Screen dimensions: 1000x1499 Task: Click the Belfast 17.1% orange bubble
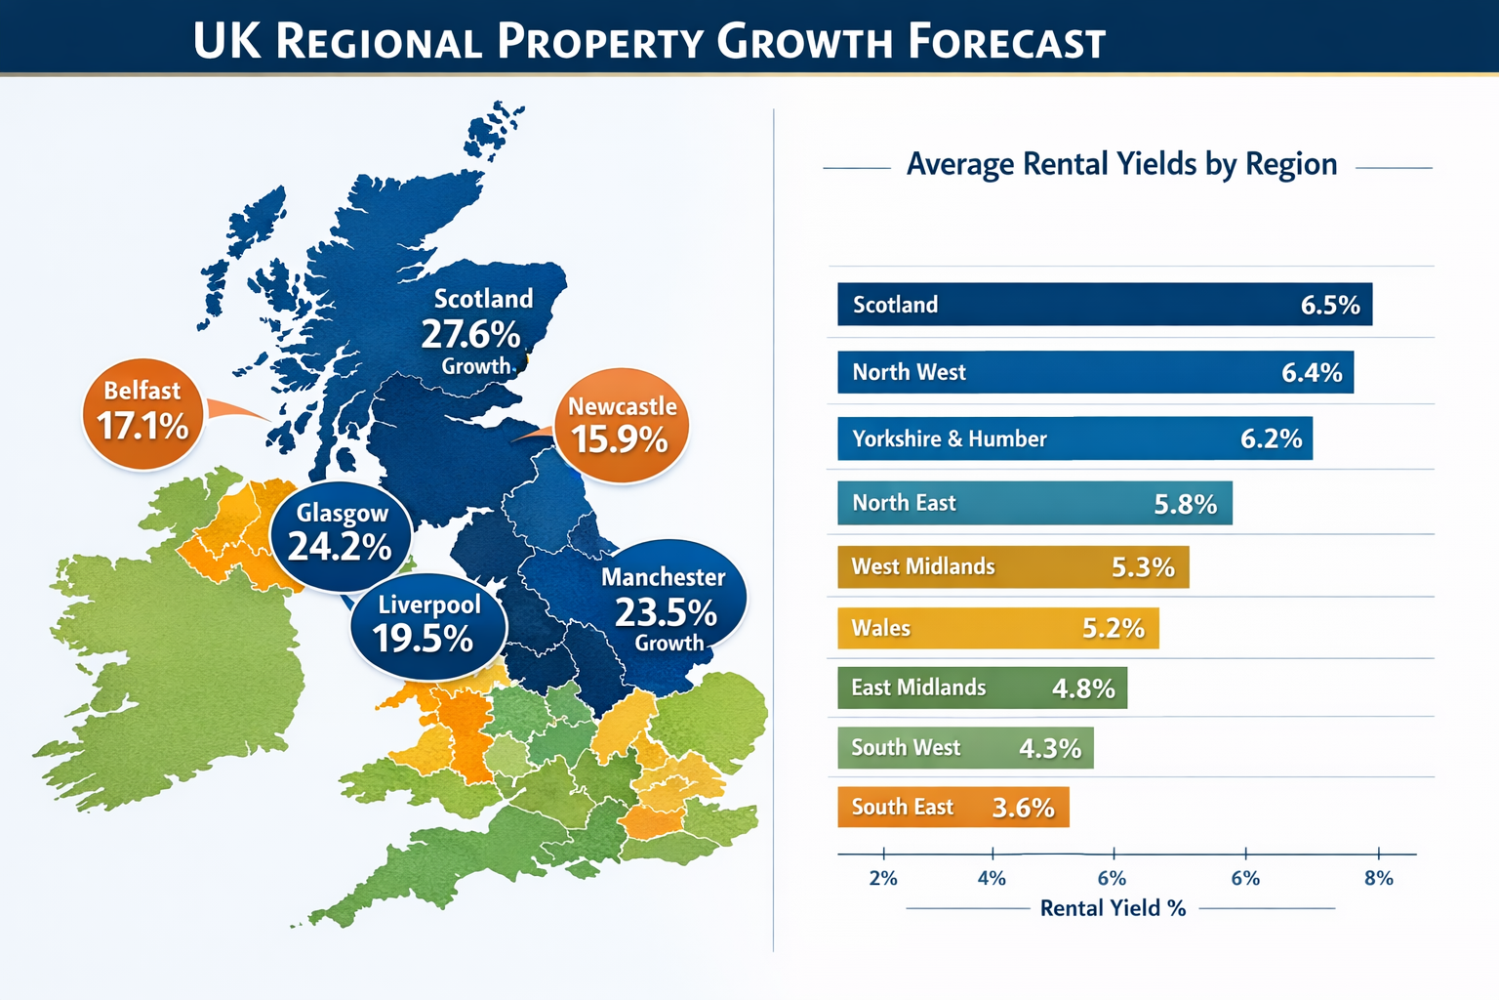[x=143, y=413]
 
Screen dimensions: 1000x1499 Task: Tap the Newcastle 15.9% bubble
[x=622, y=426]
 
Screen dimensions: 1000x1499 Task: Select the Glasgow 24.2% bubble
[x=340, y=535]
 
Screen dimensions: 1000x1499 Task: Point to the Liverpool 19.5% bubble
[x=427, y=625]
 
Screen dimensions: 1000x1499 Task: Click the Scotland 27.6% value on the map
[x=470, y=335]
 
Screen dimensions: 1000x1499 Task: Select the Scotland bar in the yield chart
[x=1104, y=305]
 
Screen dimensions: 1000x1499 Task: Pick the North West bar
[x=1094, y=372]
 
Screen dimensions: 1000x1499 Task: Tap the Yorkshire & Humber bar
[x=1074, y=438]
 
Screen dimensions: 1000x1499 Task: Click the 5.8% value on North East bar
[x=1185, y=504]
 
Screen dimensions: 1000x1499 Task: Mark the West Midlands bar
[x=1012, y=567]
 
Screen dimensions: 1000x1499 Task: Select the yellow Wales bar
[x=997, y=628]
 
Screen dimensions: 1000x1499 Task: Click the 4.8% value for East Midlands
[x=1082, y=688]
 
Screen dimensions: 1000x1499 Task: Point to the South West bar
[x=964, y=748]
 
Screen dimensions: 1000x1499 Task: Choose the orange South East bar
[x=952, y=808]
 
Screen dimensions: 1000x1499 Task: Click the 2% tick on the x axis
[x=883, y=878]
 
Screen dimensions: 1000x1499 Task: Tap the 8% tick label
[x=1378, y=878]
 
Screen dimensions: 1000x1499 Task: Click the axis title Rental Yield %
[x=1113, y=908]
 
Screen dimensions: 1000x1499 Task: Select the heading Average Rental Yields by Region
[x=1121, y=164]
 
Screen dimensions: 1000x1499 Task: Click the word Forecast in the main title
[x=1006, y=42]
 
